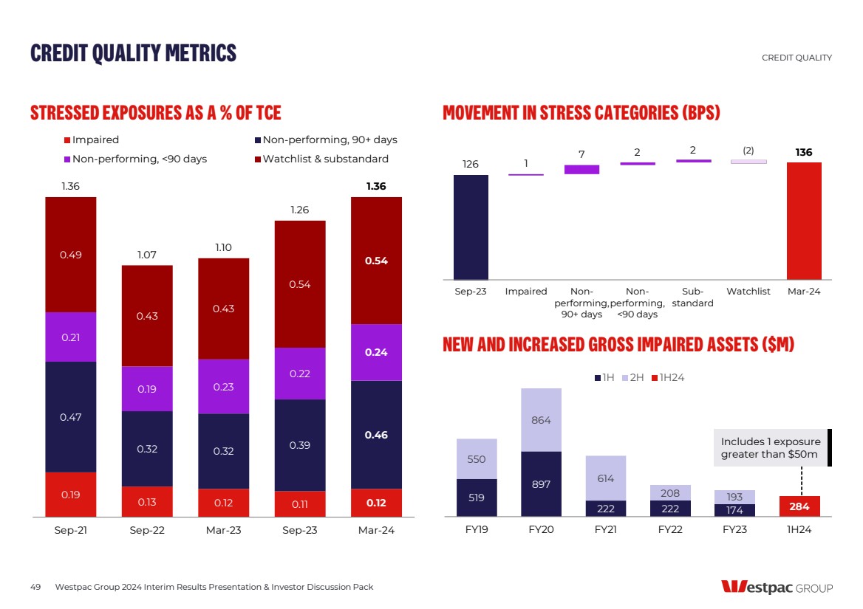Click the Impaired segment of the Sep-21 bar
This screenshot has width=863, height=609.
(70, 494)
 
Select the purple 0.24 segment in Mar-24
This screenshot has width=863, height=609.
(376, 352)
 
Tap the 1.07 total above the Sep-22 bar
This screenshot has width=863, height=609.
(147, 255)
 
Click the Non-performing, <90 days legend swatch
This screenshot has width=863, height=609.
(67, 159)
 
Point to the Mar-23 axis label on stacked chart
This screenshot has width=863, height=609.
(223, 530)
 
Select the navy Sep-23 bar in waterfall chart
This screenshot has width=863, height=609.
(471, 227)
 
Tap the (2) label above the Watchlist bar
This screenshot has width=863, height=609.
(748, 151)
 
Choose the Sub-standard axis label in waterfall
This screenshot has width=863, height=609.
(693, 297)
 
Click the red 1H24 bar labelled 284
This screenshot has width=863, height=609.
(799, 506)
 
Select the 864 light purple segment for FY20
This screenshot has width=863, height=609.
(541, 419)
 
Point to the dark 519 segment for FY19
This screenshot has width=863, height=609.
(477, 498)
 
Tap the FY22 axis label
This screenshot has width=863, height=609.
(669, 530)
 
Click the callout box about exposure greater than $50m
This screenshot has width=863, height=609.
(769, 447)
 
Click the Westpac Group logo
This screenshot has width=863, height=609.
(777, 588)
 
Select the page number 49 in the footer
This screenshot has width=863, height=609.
(35, 587)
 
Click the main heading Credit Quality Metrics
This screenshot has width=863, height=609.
(133, 53)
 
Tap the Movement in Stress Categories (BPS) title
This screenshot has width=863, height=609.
(581, 113)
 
